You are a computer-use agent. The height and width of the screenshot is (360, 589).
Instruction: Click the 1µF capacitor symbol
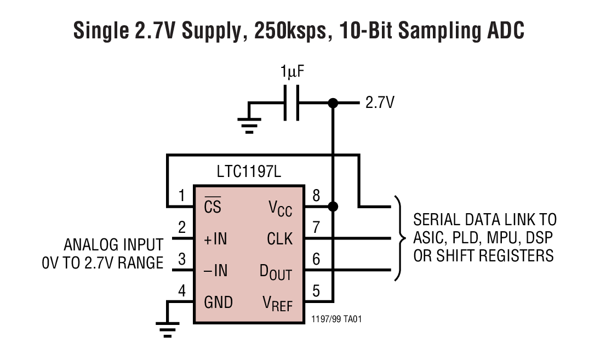291,102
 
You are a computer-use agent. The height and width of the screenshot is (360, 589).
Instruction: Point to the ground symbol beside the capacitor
250,126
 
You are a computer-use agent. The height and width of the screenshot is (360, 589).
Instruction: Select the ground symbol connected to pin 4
167,328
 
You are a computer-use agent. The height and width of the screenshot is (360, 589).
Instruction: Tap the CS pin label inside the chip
213,207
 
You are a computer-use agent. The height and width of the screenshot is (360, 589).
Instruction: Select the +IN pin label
215,239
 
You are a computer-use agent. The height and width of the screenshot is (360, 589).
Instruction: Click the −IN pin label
215,271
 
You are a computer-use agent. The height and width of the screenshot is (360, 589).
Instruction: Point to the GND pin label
218,302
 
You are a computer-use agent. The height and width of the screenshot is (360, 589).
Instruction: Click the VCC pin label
280,208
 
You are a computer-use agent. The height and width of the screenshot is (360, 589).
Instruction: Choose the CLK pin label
279,239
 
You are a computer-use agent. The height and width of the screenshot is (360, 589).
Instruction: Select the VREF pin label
276,304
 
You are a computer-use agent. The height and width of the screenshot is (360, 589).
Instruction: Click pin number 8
316,195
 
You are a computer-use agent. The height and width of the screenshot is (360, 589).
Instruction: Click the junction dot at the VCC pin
332,207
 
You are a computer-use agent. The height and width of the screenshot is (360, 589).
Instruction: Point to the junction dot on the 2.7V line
332,102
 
